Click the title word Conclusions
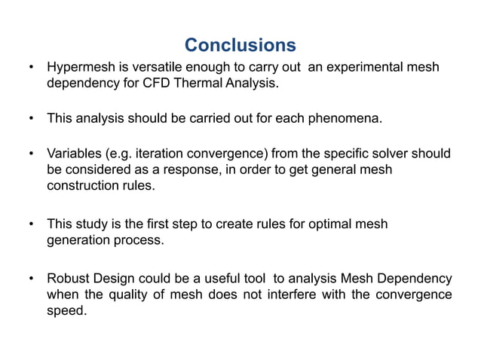click(240, 44)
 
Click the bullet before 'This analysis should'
click(31, 119)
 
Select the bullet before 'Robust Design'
click(31, 278)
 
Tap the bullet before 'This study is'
click(31, 224)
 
